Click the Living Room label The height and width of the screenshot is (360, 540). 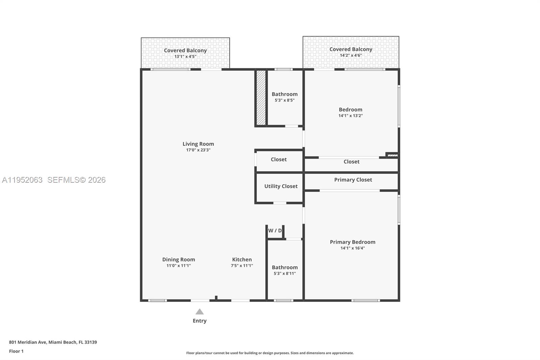click(198, 144)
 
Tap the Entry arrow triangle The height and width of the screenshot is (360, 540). click(199, 312)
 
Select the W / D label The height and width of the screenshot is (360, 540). click(275, 231)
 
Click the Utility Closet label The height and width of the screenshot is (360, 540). click(281, 186)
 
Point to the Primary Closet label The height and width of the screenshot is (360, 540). click(353, 180)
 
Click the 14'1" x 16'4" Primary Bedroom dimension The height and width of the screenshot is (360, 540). click(352, 248)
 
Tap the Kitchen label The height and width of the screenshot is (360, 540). click(242, 259)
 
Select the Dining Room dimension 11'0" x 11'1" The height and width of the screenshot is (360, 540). click(179, 266)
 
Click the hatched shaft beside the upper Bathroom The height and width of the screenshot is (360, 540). click(261, 98)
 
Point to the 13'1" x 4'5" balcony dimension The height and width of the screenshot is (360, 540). click(185, 57)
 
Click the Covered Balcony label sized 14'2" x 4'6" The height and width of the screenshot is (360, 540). click(351, 49)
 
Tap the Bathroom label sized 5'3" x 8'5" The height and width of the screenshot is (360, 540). click(285, 94)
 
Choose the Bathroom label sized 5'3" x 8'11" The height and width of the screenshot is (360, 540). click(285, 267)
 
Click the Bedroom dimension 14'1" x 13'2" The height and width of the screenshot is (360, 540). click(350, 116)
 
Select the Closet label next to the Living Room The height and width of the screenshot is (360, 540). click(278, 159)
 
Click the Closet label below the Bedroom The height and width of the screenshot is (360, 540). click(351, 162)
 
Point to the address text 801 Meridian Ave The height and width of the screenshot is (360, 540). click(28, 342)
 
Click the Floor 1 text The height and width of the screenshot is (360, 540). click(16, 351)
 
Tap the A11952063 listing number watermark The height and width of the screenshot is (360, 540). click(22, 180)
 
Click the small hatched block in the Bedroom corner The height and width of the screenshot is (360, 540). click(392, 155)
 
